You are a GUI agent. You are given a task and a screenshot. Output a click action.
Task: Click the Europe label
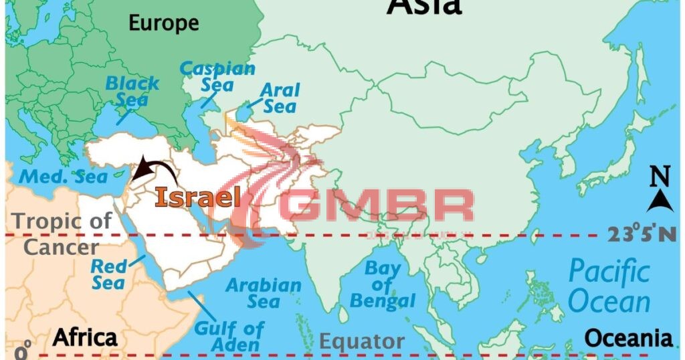click(164, 23)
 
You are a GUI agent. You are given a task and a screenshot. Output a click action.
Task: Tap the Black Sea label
click(132, 92)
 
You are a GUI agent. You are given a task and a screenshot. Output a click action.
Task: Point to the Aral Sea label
click(279, 98)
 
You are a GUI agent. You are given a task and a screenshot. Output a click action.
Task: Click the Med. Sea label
click(63, 177)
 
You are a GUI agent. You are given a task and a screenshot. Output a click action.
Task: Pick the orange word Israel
click(197, 197)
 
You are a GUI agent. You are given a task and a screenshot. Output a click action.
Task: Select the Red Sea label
click(108, 274)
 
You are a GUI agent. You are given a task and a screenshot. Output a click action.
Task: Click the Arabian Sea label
click(264, 293)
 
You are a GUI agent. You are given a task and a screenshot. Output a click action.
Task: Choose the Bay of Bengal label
click(383, 285)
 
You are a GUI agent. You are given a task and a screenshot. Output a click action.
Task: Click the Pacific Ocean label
click(609, 286)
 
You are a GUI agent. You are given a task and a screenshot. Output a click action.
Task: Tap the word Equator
click(361, 341)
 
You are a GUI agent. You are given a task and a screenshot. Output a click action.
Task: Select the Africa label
click(85, 337)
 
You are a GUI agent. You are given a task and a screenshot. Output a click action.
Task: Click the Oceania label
click(628, 337)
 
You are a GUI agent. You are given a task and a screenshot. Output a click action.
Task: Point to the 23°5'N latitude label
click(642, 234)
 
